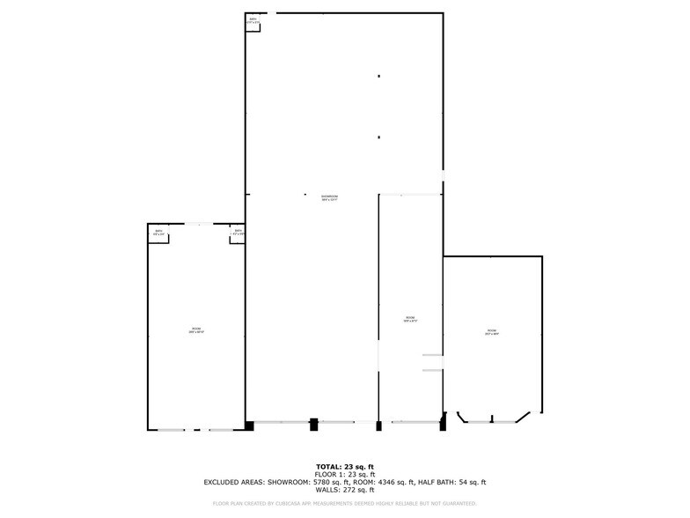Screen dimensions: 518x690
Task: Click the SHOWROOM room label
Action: [x=330, y=197]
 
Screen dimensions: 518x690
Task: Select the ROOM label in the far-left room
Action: [x=195, y=330]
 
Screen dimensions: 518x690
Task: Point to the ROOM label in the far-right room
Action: [x=492, y=332]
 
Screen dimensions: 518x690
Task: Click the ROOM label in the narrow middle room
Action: [x=409, y=319]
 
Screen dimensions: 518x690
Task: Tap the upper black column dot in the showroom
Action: [x=378, y=77]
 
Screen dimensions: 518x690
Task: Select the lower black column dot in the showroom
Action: [x=378, y=137]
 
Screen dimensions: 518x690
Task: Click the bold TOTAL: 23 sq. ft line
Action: [x=345, y=466]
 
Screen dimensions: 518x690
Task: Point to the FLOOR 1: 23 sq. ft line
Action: [x=345, y=474]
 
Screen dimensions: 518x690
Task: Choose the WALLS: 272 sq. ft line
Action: [x=345, y=491]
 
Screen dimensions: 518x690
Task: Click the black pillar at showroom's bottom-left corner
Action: [x=249, y=426]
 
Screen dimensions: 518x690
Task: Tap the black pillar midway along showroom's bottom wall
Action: [x=313, y=425]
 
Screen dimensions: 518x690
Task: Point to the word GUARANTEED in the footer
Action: [x=458, y=504]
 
